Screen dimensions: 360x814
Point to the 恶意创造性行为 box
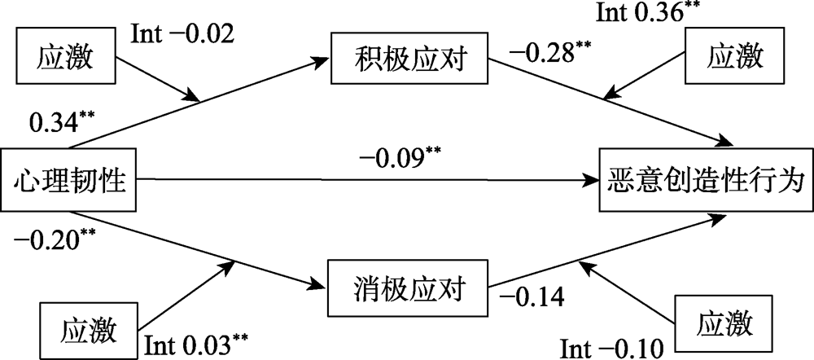click(x=705, y=178)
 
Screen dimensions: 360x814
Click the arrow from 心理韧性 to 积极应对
click(x=195, y=102)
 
